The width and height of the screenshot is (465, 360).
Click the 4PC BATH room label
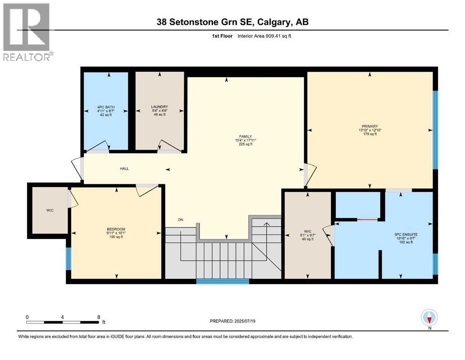coord(105,107)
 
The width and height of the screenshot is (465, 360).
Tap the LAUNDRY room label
coord(159,107)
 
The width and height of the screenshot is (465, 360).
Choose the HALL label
coord(124,169)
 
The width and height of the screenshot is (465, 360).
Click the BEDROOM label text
coord(115,229)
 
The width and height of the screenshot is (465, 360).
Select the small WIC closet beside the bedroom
coord(50,210)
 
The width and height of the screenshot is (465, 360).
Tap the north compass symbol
coord(429,318)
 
